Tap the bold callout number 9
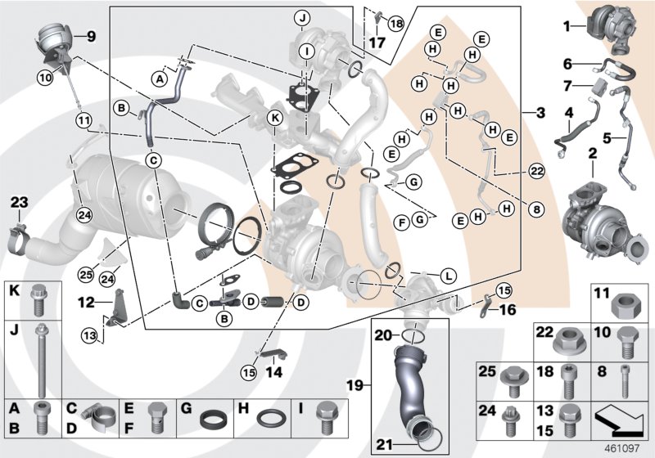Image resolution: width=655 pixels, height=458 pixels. coord(91,36)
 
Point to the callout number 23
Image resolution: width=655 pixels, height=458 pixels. coord(19,201)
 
